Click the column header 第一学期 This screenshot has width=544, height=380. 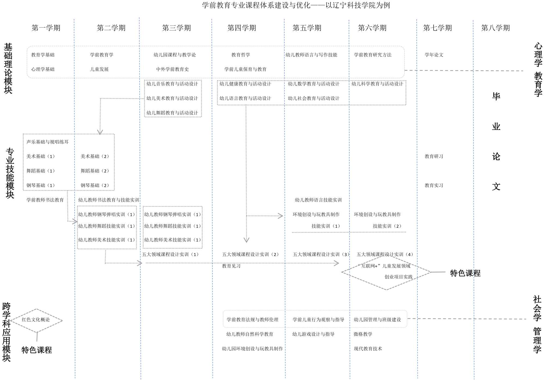(46, 28)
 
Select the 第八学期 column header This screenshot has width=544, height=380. (495, 28)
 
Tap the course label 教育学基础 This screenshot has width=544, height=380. (43, 55)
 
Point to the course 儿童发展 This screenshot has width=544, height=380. (99, 69)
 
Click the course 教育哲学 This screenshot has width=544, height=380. (240, 55)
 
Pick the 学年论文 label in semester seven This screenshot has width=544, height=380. (434, 55)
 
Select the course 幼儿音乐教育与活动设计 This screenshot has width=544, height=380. (172, 84)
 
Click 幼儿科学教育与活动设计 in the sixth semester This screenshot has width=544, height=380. (377, 84)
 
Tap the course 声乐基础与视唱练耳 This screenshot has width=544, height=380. (48, 142)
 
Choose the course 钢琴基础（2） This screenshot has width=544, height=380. (95, 186)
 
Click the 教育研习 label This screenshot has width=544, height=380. (434, 156)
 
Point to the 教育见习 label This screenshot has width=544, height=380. (231, 266)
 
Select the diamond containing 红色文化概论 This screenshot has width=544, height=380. (36, 320)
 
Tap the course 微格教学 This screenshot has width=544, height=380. (363, 334)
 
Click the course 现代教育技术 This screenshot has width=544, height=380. (368, 349)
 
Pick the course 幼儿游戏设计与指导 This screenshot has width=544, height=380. (313, 334)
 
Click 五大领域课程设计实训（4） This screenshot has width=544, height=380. (385, 254)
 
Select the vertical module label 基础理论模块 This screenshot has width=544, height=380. (8, 68)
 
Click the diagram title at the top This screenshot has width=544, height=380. (296, 5)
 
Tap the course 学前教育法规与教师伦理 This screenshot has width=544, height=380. (252, 320)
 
